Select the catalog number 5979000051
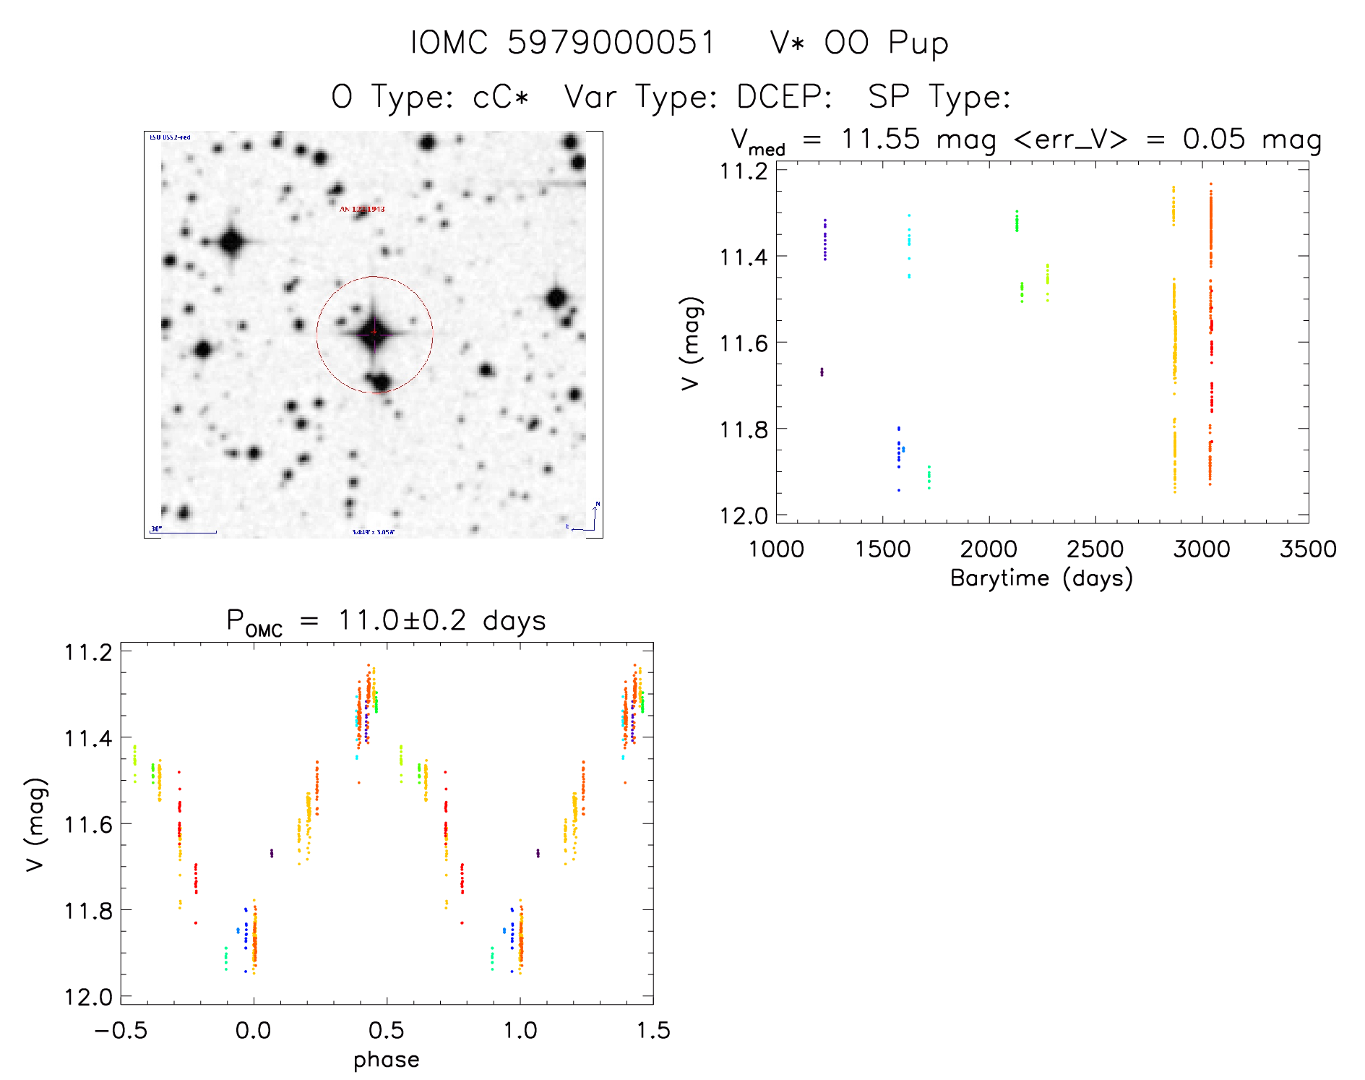(x=611, y=43)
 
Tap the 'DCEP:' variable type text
(x=784, y=97)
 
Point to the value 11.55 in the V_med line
(x=880, y=139)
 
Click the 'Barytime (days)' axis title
(x=1041, y=578)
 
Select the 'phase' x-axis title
(x=386, y=1060)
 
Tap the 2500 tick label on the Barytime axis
(x=1095, y=549)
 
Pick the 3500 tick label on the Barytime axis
(x=1307, y=549)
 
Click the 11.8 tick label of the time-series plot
(x=744, y=429)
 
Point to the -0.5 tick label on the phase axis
(x=121, y=1030)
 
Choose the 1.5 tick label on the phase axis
(x=653, y=1030)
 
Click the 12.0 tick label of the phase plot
(x=88, y=997)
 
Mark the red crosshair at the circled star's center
(x=374, y=333)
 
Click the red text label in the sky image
(x=362, y=209)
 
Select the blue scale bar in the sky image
(x=184, y=532)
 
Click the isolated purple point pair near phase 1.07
(x=538, y=853)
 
